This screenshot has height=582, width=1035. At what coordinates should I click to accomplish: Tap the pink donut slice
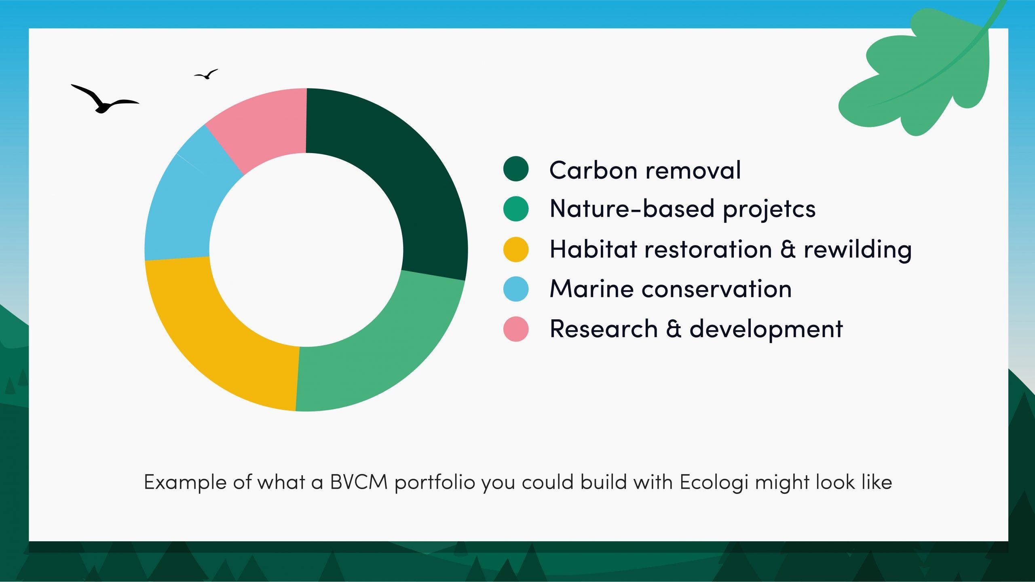click(x=263, y=125)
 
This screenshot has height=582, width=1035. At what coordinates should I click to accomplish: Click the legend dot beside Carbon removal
click(x=516, y=169)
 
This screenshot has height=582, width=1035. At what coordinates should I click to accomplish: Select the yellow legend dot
click(x=516, y=249)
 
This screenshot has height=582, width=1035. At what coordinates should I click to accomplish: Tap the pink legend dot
click(x=516, y=329)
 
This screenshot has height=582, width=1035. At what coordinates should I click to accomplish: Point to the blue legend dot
click(x=516, y=289)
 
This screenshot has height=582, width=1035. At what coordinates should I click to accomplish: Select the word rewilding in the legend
click(x=857, y=249)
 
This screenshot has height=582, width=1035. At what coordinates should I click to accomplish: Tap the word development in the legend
click(x=766, y=329)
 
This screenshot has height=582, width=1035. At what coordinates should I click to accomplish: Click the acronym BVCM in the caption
click(x=359, y=482)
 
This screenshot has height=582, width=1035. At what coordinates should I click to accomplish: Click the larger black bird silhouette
click(x=103, y=101)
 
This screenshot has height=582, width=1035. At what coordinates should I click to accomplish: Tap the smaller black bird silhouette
click(x=207, y=74)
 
